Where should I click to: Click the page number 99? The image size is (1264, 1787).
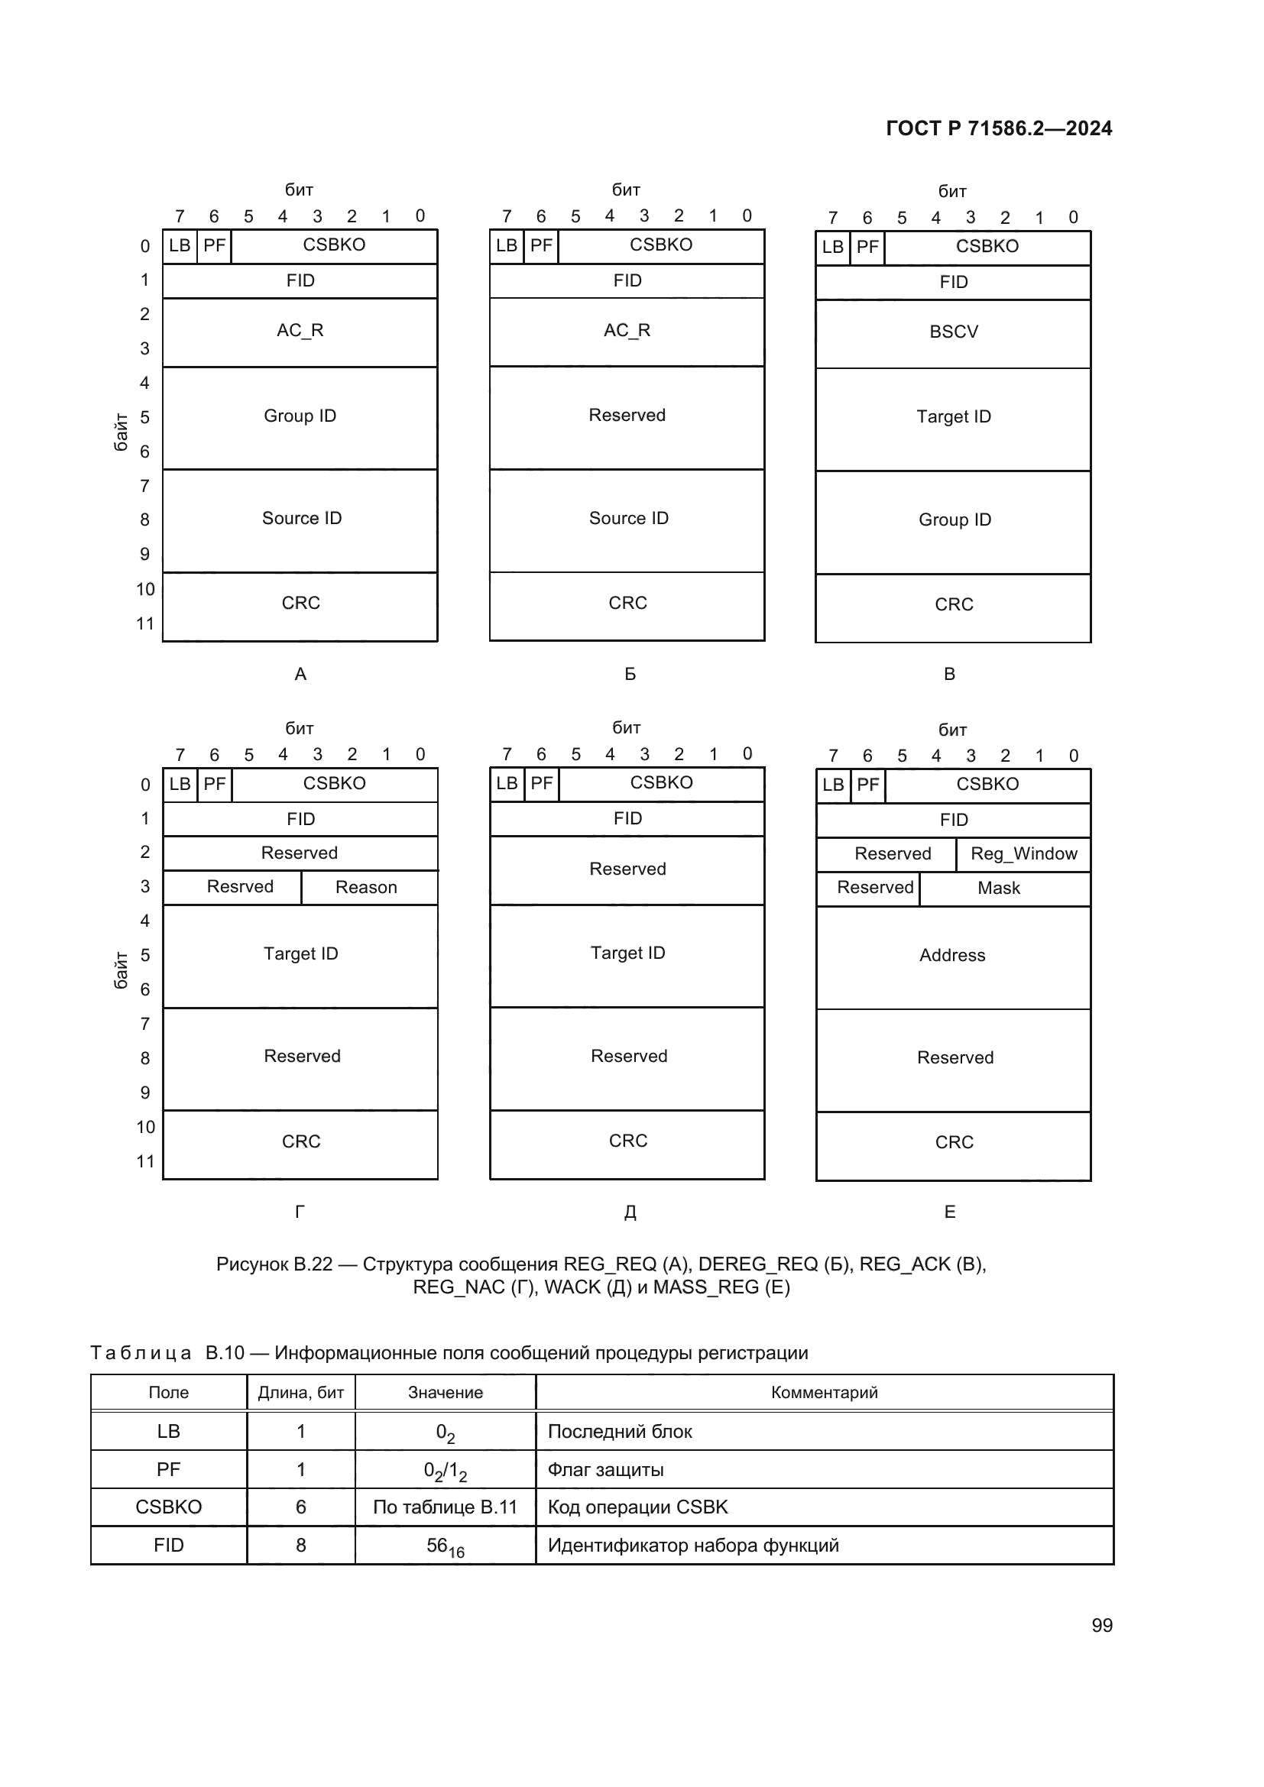coord(1101,1625)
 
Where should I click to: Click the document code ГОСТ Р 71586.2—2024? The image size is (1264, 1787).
coord(999,128)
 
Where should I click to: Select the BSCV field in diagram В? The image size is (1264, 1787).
coord(954,332)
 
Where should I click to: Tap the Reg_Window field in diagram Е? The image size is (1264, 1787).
coord(1023,854)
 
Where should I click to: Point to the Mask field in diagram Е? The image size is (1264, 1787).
coord(999,888)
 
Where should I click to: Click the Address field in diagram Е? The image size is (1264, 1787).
coord(952,956)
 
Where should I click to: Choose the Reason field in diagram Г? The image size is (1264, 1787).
coord(366,887)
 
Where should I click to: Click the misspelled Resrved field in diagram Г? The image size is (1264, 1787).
coord(240,886)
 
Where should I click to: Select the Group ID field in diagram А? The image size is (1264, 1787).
coord(300,416)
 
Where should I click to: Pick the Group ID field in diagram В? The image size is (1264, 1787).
coord(954,520)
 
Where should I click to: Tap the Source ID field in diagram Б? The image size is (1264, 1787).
coord(628,518)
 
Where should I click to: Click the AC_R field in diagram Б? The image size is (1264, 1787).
coord(627,331)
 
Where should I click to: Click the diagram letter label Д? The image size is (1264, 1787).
coord(630,1212)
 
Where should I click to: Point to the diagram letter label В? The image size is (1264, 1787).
coord(949,674)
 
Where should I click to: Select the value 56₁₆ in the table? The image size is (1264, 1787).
coord(446,1546)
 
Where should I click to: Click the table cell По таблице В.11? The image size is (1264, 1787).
coord(446,1507)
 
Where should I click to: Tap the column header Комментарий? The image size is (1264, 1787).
coord(824,1393)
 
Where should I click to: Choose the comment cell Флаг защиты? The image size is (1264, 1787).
coord(605,1470)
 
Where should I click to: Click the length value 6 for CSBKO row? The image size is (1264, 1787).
coord(300,1507)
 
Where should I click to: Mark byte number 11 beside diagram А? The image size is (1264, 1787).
coord(144,623)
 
